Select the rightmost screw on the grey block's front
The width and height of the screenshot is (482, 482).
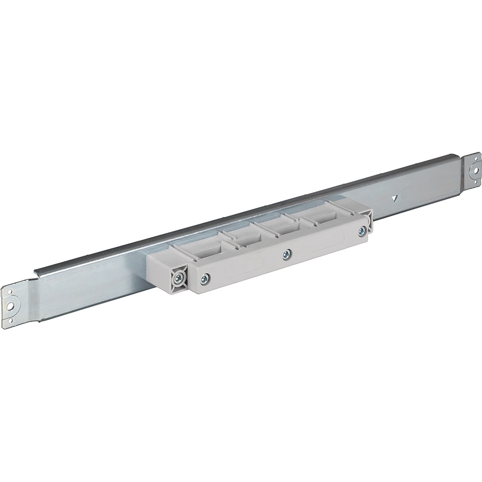(361, 232)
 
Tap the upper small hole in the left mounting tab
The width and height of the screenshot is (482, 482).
(8, 293)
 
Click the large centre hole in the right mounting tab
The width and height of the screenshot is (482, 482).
(475, 169)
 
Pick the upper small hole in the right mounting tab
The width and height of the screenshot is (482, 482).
(474, 159)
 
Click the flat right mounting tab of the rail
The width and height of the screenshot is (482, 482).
(473, 170)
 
